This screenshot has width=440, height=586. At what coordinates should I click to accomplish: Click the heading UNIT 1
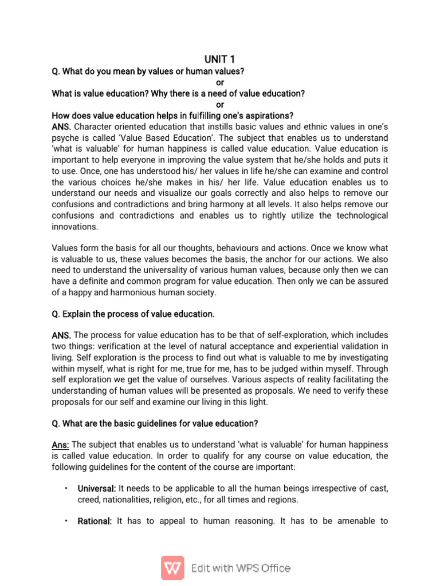(x=219, y=59)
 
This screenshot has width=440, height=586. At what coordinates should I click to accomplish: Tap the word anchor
(x=252, y=260)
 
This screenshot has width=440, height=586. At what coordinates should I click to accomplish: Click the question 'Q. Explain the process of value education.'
(x=133, y=314)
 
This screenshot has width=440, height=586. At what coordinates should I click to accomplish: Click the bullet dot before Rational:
(x=66, y=521)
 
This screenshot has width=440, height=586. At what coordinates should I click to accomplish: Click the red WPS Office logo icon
(x=172, y=568)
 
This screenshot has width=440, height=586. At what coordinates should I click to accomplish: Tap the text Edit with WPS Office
(x=241, y=568)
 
